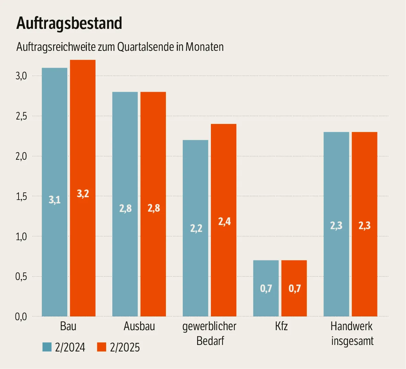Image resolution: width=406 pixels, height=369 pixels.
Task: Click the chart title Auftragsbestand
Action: pos(69,23)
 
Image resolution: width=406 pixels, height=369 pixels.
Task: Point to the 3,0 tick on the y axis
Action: pos(21,76)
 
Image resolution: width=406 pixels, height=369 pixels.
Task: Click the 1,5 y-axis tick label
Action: pos(21,197)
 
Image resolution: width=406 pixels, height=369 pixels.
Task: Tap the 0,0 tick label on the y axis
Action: pos(21,317)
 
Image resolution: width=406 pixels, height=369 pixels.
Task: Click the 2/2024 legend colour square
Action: pos(47,347)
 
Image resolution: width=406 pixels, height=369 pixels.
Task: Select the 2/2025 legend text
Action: pos(125,347)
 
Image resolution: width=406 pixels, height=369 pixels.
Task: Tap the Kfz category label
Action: pos(281,326)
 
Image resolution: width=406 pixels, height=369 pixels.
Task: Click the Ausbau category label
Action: pos(139,326)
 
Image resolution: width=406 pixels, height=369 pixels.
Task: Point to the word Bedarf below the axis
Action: pos(210,341)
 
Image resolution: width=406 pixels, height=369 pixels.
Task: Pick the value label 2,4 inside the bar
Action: pos(224,222)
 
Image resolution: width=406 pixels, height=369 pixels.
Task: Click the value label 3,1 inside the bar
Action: pos(55,200)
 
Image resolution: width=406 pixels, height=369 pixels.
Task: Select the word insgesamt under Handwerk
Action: pos(352,341)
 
